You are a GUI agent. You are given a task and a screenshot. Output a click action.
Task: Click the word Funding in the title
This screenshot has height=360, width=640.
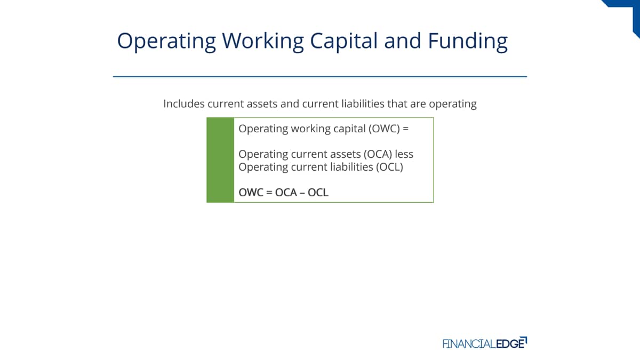468,42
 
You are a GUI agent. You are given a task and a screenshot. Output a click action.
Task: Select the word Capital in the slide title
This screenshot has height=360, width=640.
344,42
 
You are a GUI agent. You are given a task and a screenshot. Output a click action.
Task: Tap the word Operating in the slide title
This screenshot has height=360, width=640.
166,42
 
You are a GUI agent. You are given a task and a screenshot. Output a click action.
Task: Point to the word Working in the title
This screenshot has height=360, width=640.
263,42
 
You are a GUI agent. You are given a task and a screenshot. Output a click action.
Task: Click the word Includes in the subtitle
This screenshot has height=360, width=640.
184,103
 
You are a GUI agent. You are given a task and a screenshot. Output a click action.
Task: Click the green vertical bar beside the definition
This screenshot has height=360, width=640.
220,160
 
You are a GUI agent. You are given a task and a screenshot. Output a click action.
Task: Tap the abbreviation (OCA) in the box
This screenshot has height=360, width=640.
378,154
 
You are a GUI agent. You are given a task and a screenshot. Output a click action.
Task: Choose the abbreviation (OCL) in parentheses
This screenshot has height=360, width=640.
389,167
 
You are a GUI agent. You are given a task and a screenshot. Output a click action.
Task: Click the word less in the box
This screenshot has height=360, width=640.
404,154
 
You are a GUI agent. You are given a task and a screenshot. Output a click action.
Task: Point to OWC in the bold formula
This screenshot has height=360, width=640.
251,193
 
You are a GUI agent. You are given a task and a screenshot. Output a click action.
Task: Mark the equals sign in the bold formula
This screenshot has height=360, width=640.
269,193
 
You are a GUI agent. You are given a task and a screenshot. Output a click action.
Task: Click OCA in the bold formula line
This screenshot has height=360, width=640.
286,193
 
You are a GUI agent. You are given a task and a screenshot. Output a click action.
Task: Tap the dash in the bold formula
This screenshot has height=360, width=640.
302,193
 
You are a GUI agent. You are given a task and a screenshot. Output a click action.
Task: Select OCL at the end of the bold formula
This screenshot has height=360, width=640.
318,193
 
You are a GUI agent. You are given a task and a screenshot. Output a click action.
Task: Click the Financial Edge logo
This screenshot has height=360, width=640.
485,343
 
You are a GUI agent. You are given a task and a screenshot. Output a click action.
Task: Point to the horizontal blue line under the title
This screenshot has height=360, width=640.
320,77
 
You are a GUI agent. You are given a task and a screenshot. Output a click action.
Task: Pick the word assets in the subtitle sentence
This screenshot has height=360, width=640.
262,104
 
